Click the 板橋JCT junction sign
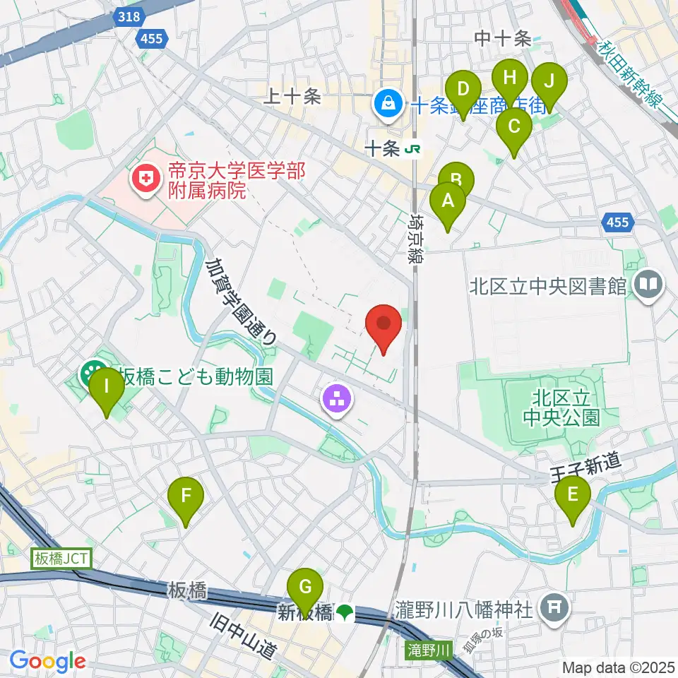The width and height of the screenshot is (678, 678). (61, 559)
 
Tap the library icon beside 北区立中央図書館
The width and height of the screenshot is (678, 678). (648, 285)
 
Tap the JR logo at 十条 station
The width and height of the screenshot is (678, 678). (414, 149)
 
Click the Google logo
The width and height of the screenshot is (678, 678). (47, 662)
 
